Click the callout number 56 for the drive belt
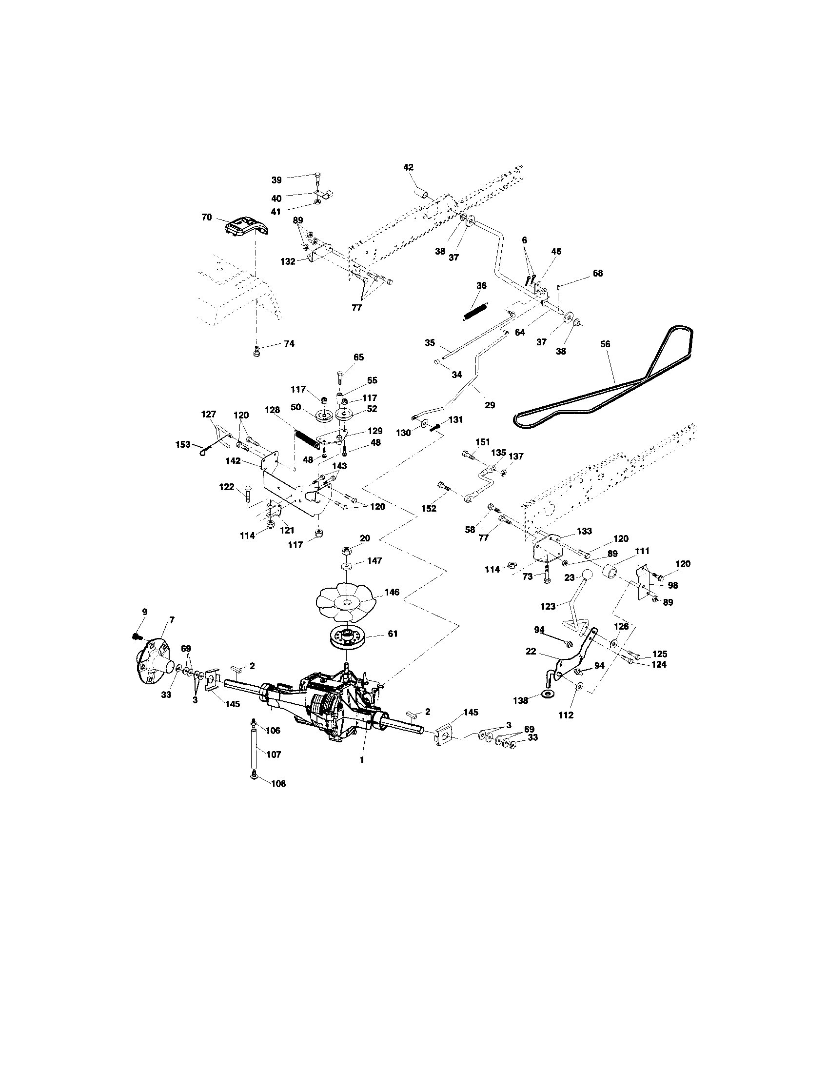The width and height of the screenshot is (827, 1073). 605,344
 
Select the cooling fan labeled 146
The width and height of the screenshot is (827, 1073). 346,602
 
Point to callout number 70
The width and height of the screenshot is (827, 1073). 207,217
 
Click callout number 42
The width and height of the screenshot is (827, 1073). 408,167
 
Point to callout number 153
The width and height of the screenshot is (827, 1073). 183,445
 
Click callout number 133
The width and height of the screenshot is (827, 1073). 584,531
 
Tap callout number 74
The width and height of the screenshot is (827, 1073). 289,343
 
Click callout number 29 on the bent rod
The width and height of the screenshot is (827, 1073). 490,405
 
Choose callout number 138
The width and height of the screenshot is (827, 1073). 521,700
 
